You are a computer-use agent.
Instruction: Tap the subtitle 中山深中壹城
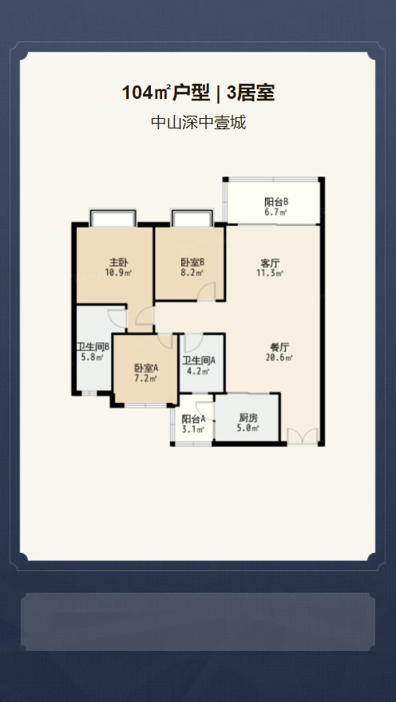tap(199, 122)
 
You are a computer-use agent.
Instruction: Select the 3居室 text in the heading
tap(251, 93)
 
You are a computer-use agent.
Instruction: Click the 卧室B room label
tap(190, 262)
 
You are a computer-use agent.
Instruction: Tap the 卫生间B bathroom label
tap(93, 346)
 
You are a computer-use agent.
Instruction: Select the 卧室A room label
tap(146, 368)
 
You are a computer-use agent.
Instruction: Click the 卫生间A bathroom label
tap(199, 360)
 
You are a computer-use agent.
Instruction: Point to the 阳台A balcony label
tap(193, 420)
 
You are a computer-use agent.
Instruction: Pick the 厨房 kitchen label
tap(248, 418)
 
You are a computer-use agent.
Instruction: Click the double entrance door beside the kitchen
tap(303, 436)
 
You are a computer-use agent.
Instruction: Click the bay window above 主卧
tap(113, 218)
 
